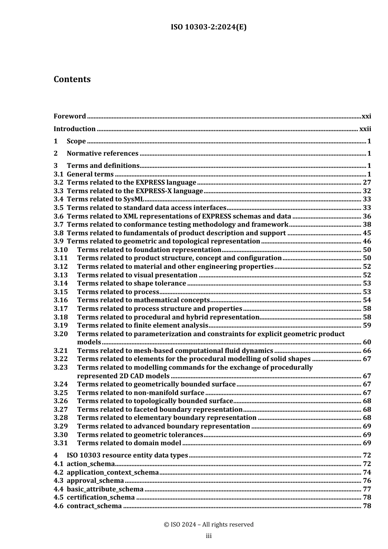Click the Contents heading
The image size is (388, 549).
[72, 79]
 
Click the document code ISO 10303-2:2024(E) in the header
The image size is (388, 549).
[208, 27]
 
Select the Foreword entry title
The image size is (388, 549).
[70, 116]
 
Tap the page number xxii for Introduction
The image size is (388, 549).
[365, 129]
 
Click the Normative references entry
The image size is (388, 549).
[103, 154]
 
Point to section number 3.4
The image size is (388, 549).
[58, 199]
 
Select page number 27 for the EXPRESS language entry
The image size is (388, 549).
[367, 183]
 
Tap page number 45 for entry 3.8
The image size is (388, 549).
[367, 233]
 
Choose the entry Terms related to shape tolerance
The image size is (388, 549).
[132, 283]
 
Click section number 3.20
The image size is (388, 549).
[61, 334]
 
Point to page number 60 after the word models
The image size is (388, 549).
[367, 342]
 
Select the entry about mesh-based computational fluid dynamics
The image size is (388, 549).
[175, 351]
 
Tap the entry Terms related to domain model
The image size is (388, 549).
[129, 443]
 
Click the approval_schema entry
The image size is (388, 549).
[95, 481]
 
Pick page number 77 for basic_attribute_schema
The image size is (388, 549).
[367, 489]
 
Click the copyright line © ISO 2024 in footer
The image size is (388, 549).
[208, 525]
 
